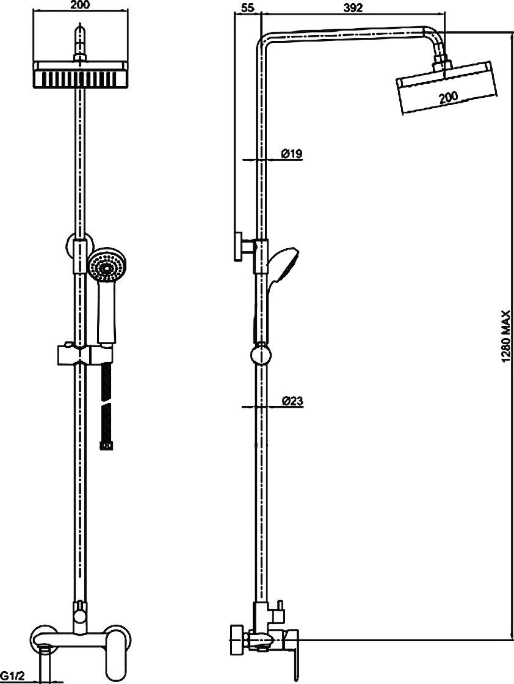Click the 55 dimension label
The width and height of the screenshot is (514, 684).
coord(247,7)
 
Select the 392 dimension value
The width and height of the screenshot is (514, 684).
coord(353,7)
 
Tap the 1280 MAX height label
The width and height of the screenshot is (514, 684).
coord(505,337)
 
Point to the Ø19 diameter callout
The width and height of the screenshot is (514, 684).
coord(291,153)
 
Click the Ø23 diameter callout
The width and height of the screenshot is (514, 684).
coord(292,400)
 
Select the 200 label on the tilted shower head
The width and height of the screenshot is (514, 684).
coord(448,97)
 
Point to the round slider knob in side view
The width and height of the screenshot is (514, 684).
coord(261,354)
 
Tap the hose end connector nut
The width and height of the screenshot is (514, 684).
coord(107,446)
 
